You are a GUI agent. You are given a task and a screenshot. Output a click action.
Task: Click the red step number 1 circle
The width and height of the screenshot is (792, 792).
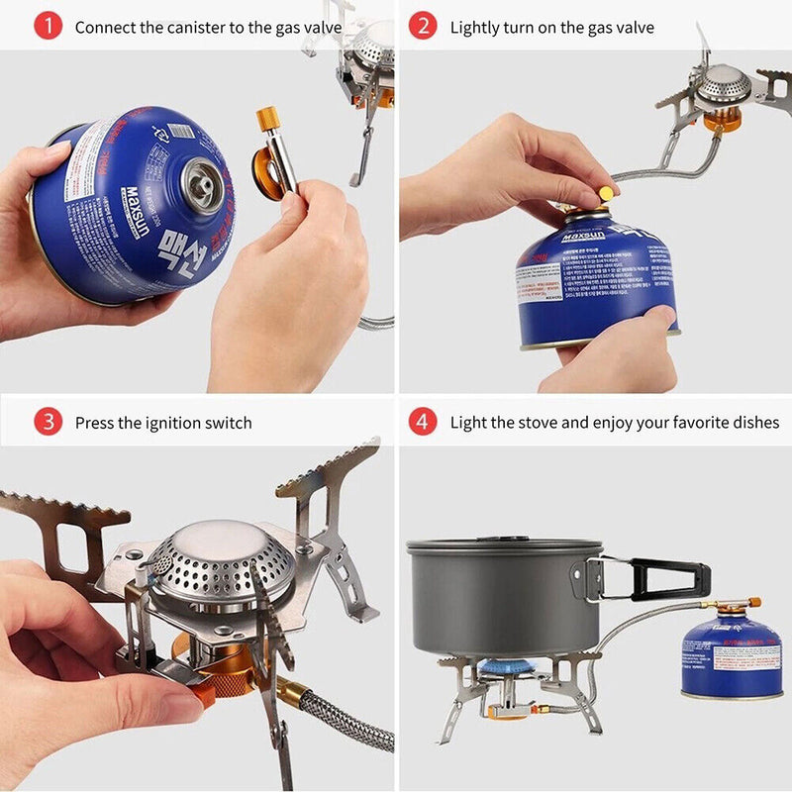click(49, 27)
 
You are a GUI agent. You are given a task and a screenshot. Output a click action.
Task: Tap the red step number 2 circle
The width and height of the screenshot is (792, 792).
click(423, 27)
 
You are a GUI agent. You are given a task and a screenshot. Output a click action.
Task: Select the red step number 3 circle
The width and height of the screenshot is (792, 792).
click(49, 423)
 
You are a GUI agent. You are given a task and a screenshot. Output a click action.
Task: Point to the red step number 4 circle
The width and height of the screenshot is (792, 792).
click(423, 423)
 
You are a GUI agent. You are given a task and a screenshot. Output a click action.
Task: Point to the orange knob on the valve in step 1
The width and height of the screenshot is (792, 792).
click(267, 119)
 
